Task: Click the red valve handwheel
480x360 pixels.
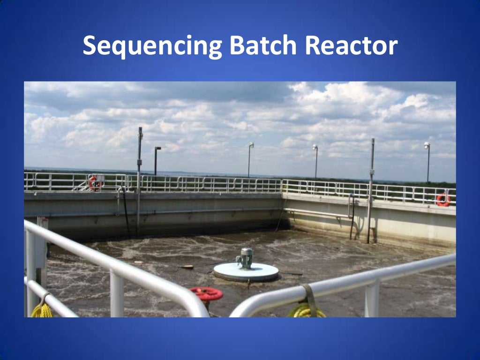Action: (206, 294)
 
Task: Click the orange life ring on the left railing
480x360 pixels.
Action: (94, 183)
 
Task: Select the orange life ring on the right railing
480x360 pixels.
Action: (443, 200)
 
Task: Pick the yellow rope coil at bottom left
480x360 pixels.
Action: (42, 311)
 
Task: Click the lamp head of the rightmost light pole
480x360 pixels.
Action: (427, 145)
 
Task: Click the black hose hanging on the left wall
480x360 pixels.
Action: (125, 211)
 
